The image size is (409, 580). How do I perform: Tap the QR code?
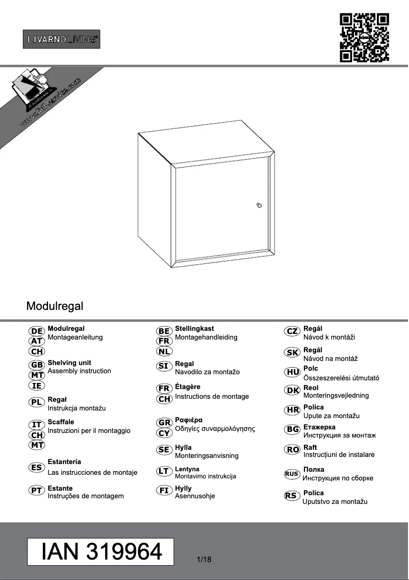(364, 38)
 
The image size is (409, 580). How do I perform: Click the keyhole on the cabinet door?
(259, 205)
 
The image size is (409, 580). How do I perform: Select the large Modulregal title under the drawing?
(55, 306)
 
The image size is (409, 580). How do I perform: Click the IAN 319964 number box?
(101, 551)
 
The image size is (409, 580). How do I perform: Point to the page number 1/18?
(203, 560)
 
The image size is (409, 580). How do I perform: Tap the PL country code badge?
(37, 402)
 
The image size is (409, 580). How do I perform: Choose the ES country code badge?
(37, 467)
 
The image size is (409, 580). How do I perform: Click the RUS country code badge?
(292, 474)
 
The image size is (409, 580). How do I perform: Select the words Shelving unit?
(69, 362)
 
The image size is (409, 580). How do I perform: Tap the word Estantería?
(64, 462)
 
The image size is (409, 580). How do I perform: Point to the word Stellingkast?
(194, 329)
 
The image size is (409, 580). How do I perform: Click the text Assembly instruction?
(79, 371)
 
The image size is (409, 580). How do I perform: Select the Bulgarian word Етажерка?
(319, 427)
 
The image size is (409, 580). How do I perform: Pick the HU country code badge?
(293, 372)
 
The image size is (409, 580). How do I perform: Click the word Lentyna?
(187, 469)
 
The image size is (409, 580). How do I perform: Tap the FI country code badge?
(164, 491)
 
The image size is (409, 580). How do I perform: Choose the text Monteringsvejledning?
(336, 396)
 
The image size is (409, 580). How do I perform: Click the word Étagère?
(188, 387)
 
